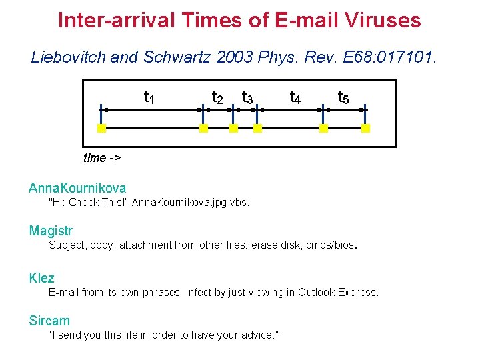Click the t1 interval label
(150, 98)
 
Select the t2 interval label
(217, 98)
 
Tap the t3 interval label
(247, 98)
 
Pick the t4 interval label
(295, 98)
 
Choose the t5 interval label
(343, 98)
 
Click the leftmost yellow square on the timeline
(101, 129)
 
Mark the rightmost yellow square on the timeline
(365, 129)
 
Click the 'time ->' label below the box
(102, 158)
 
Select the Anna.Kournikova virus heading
(77, 188)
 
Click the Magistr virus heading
(51, 231)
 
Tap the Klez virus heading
(42, 278)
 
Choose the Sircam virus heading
(49, 321)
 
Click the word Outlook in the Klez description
(317, 292)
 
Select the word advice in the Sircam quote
(254, 334)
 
